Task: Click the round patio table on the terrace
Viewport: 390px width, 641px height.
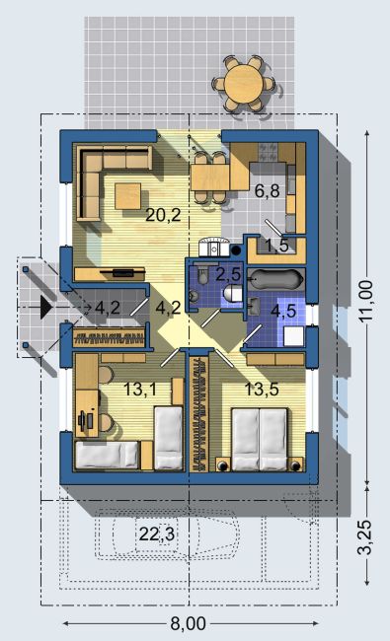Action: coord(243,83)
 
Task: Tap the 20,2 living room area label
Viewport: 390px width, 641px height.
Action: coord(163,215)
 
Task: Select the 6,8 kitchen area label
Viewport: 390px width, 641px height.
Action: coord(268,190)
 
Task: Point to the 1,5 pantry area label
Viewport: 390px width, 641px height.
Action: coord(277,246)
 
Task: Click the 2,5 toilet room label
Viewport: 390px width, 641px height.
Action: coord(228,274)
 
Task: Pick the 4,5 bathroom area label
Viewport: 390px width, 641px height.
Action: coord(283,311)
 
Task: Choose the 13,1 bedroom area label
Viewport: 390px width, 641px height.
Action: coord(140,390)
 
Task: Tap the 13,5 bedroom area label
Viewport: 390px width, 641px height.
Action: coord(262,390)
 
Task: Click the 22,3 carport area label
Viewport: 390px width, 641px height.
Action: coord(157,534)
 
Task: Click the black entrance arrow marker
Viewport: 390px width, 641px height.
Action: coord(45,308)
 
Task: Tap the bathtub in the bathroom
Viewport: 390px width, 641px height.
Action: coord(276,280)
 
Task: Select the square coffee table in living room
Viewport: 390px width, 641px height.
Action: coord(128,196)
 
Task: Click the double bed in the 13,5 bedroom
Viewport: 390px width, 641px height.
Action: coord(260,439)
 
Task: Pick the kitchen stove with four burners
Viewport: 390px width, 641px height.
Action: coord(268,152)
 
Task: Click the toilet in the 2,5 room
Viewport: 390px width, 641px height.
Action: coord(233,293)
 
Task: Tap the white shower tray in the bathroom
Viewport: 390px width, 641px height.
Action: coord(294,336)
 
